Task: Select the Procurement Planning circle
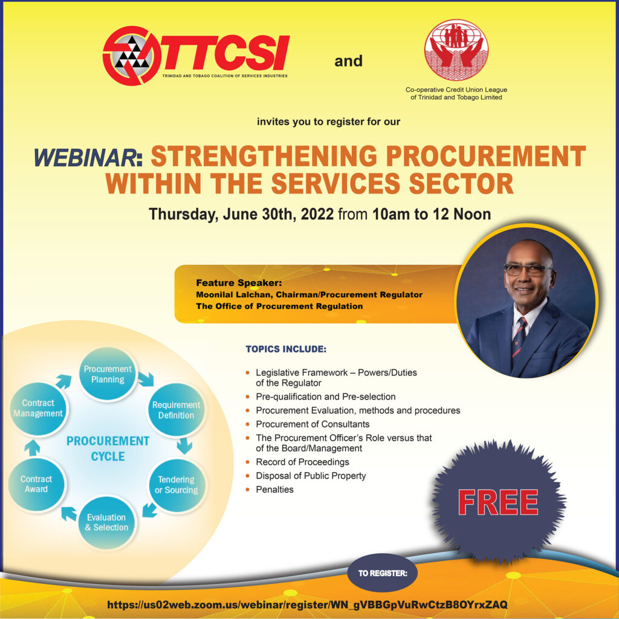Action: [x=108, y=374]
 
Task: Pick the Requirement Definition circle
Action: [x=176, y=410]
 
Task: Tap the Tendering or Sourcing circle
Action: [x=176, y=485]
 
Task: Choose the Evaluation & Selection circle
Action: [x=106, y=522]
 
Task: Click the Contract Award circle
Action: [x=36, y=484]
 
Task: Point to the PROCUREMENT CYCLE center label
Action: [x=108, y=448]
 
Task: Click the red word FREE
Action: [x=497, y=502]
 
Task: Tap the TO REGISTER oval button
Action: [x=382, y=572]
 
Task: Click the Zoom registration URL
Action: [x=307, y=604]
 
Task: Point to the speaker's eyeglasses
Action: [x=528, y=270]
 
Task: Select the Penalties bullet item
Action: [x=274, y=489]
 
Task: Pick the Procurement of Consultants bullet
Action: [x=312, y=424]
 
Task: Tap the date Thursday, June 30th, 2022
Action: [x=241, y=214]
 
